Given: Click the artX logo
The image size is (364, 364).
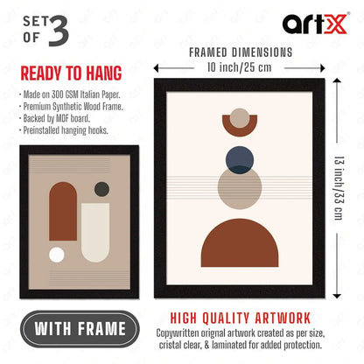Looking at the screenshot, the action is point(316,24).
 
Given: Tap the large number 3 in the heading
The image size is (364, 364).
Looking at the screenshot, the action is point(59,31).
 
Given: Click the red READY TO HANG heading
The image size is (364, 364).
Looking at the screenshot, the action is point(71,73).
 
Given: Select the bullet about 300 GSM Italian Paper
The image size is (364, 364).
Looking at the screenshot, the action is point(70,94).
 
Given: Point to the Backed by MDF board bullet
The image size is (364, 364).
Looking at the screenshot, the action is point(54,118).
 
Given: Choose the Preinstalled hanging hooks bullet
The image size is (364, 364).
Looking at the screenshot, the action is point(64,130).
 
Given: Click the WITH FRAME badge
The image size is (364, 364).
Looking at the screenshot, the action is point(80,329).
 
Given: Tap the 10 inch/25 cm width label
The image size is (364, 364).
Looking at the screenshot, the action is point(239,67).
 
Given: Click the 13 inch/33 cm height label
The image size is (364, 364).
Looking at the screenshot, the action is point(339,188).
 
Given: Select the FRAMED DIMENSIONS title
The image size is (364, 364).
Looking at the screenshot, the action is point(241,52).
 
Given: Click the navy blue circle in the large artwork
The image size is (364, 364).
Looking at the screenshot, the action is point(240,160).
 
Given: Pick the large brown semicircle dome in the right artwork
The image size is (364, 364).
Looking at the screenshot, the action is point(240,243).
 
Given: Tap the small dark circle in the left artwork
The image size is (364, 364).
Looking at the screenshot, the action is point(101,189).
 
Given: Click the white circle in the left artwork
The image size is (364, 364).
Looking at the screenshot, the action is point(57,255).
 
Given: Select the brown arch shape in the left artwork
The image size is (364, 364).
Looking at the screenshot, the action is point(63,211).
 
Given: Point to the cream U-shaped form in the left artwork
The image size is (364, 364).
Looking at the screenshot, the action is point(95,233).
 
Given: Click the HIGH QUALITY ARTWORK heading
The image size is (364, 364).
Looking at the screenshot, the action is point(241,318).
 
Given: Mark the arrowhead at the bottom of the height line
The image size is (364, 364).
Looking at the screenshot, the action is point(337,296).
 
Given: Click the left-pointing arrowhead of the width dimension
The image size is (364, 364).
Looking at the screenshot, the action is point(157,68).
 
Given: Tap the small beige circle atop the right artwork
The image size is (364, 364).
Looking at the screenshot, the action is point(240,118).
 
